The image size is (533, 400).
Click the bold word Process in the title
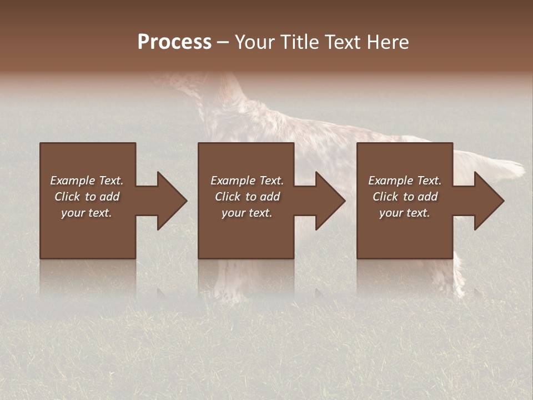(x=174, y=42)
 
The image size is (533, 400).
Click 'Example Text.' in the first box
(x=87, y=181)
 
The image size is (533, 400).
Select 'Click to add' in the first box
(x=87, y=197)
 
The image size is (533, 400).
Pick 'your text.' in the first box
(x=87, y=213)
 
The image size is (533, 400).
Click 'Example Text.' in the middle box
(x=247, y=181)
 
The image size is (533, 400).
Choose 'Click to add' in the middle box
(x=247, y=197)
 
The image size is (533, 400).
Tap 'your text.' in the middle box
(x=247, y=213)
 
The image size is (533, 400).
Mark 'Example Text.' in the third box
(x=405, y=181)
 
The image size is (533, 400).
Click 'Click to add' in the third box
(x=405, y=197)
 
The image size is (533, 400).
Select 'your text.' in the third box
(x=405, y=213)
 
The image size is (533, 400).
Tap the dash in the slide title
(x=223, y=43)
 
